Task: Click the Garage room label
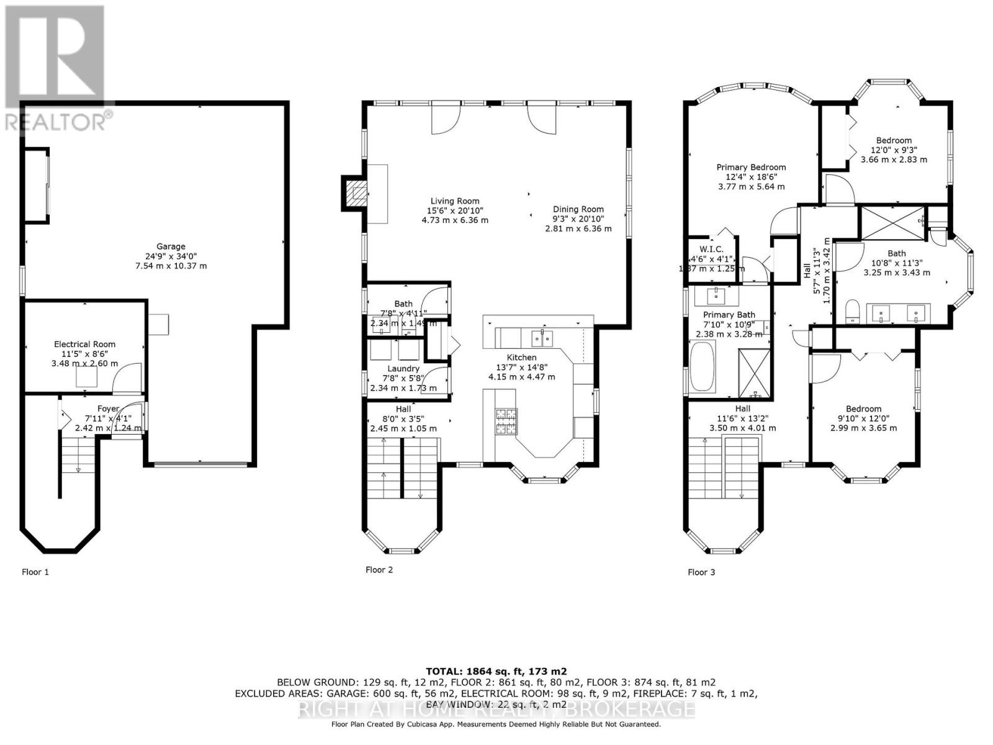[170, 246]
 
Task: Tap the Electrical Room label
[84, 344]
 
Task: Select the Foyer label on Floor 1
[108, 409]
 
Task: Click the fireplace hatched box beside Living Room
[356, 193]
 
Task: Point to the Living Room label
[455, 201]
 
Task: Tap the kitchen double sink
[542, 338]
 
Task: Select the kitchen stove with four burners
[505, 420]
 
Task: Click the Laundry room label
[403, 368]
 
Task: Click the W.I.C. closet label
[711, 249]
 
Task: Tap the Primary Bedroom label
[751, 167]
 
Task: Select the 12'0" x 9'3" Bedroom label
[894, 140]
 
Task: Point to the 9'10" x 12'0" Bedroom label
[863, 409]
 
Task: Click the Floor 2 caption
[379, 569]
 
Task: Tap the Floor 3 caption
[701, 572]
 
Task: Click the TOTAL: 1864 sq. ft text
[496, 671]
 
